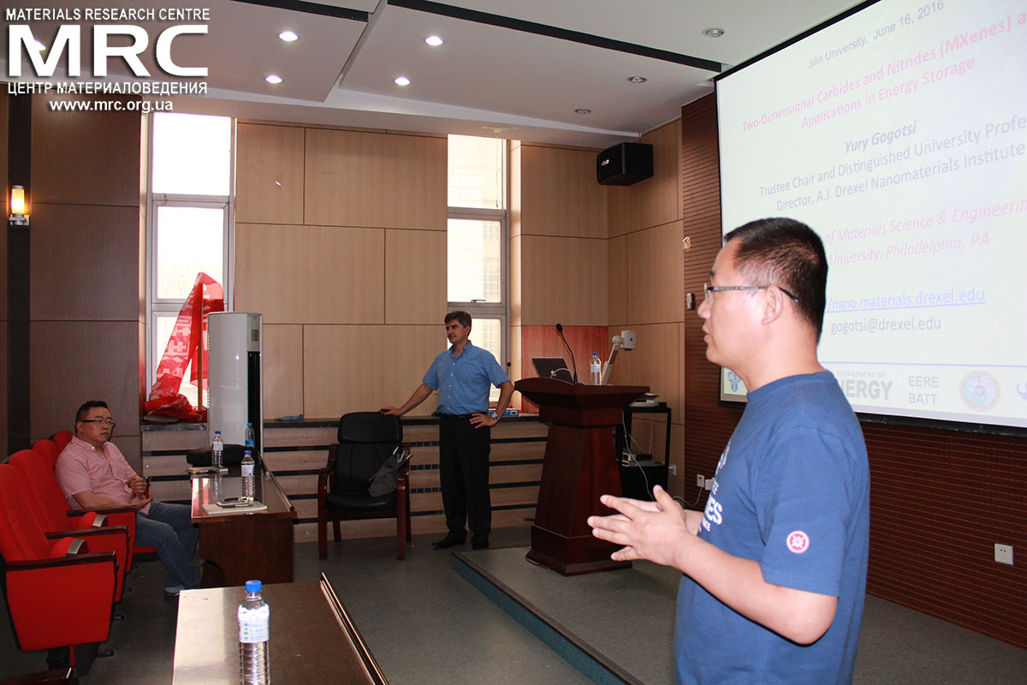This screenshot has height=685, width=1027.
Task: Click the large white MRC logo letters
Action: tap(108, 51)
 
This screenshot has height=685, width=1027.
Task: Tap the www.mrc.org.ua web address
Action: tap(111, 105)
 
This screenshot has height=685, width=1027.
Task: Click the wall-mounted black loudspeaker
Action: tap(624, 163)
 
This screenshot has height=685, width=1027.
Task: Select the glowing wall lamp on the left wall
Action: tap(18, 204)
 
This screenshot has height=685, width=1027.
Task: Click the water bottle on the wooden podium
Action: tap(595, 369)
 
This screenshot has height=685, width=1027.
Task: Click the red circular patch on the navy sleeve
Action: tap(798, 541)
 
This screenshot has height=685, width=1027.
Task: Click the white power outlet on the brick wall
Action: tap(1003, 553)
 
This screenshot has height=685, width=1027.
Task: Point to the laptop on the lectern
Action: tap(553, 367)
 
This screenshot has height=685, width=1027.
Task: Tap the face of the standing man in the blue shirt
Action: tap(459, 329)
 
